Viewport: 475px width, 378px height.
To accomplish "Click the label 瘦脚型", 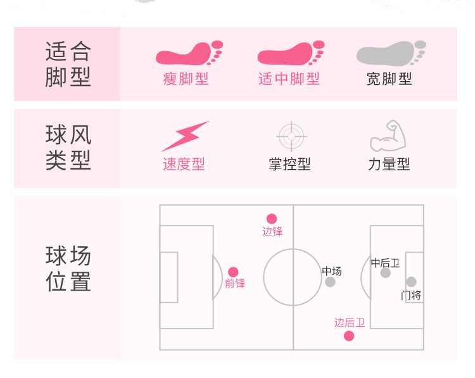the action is [186, 79].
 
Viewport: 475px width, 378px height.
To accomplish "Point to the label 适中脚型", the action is [289, 79].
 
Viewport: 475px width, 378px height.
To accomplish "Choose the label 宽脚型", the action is [389, 79].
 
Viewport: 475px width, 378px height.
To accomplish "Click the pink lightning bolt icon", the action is [184, 135].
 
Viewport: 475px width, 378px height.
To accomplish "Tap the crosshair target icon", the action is [292, 135].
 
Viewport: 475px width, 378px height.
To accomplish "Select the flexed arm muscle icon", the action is [388, 135].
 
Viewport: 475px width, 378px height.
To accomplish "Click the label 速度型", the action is [184, 165].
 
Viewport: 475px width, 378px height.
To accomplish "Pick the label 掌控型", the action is [289, 165].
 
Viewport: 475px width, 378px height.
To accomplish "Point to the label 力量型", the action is [389, 165].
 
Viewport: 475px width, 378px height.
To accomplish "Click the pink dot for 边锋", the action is [272, 218].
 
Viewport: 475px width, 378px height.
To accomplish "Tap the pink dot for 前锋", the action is [233, 272].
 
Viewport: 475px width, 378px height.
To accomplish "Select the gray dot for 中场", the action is [330, 282].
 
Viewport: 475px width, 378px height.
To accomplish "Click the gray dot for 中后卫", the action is [385, 273].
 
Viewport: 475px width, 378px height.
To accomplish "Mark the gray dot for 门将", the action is [411, 282].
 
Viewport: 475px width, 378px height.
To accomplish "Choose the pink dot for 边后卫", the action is [349, 336].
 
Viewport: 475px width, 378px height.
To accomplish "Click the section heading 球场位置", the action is [68, 269].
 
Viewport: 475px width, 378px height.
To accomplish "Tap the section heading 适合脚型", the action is [68, 64].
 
